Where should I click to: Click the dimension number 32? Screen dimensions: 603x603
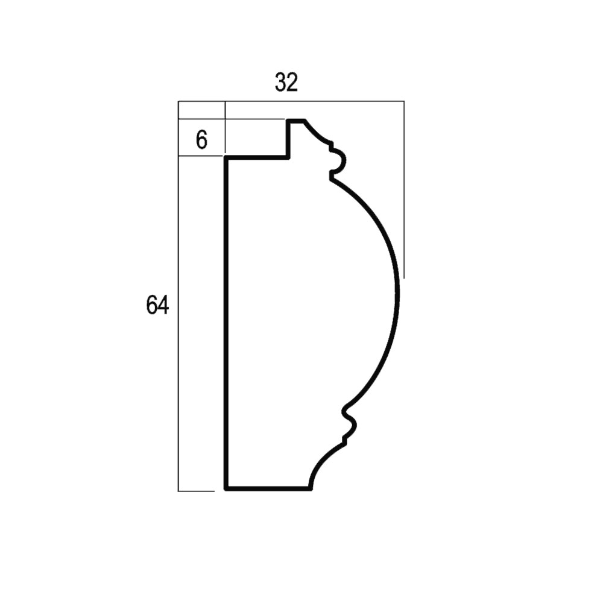(286, 83)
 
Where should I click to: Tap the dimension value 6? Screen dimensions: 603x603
(201, 140)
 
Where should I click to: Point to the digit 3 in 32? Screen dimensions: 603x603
(281, 83)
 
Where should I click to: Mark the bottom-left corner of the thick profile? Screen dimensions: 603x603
(226, 489)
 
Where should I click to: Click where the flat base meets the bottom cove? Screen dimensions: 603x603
(311, 489)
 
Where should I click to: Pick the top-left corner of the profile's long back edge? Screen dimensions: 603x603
(226, 157)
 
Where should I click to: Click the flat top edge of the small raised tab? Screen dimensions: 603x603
(297, 121)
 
